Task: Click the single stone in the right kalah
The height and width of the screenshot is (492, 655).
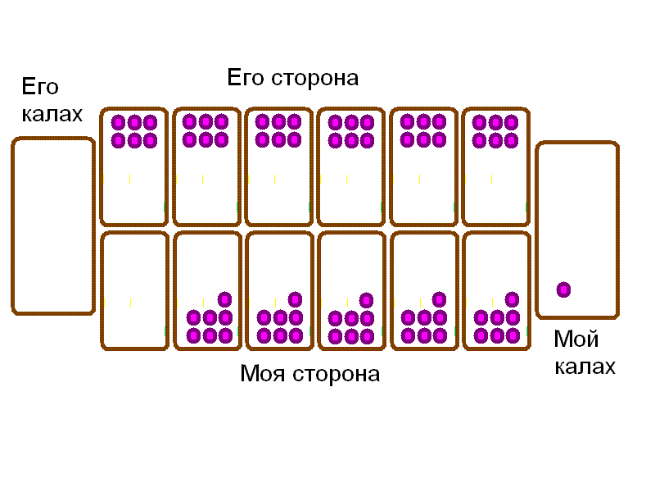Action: (563, 289)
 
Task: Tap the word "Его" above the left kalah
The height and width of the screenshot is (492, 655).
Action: (40, 87)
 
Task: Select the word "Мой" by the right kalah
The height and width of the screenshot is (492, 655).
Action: (576, 339)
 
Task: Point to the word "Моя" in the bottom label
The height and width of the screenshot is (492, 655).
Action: (261, 374)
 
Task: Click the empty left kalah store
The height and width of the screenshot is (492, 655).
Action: (53, 225)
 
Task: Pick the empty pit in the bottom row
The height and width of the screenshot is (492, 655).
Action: (134, 291)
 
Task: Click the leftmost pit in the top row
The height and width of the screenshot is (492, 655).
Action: (134, 166)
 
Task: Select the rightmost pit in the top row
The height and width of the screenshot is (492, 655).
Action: (495, 166)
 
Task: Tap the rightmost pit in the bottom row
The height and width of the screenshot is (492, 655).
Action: (495, 291)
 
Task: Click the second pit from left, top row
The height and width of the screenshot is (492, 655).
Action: (206, 166)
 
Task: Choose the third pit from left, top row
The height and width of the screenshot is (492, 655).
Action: (278, 166)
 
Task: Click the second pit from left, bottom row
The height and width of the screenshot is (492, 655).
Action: (206, 291)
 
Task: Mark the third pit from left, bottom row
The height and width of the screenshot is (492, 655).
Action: (278, 291)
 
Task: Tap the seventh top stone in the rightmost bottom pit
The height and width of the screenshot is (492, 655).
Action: (513, 298)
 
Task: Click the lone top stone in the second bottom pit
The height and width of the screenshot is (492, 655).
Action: (224, 298)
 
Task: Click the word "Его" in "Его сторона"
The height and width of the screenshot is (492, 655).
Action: (243, 79)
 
